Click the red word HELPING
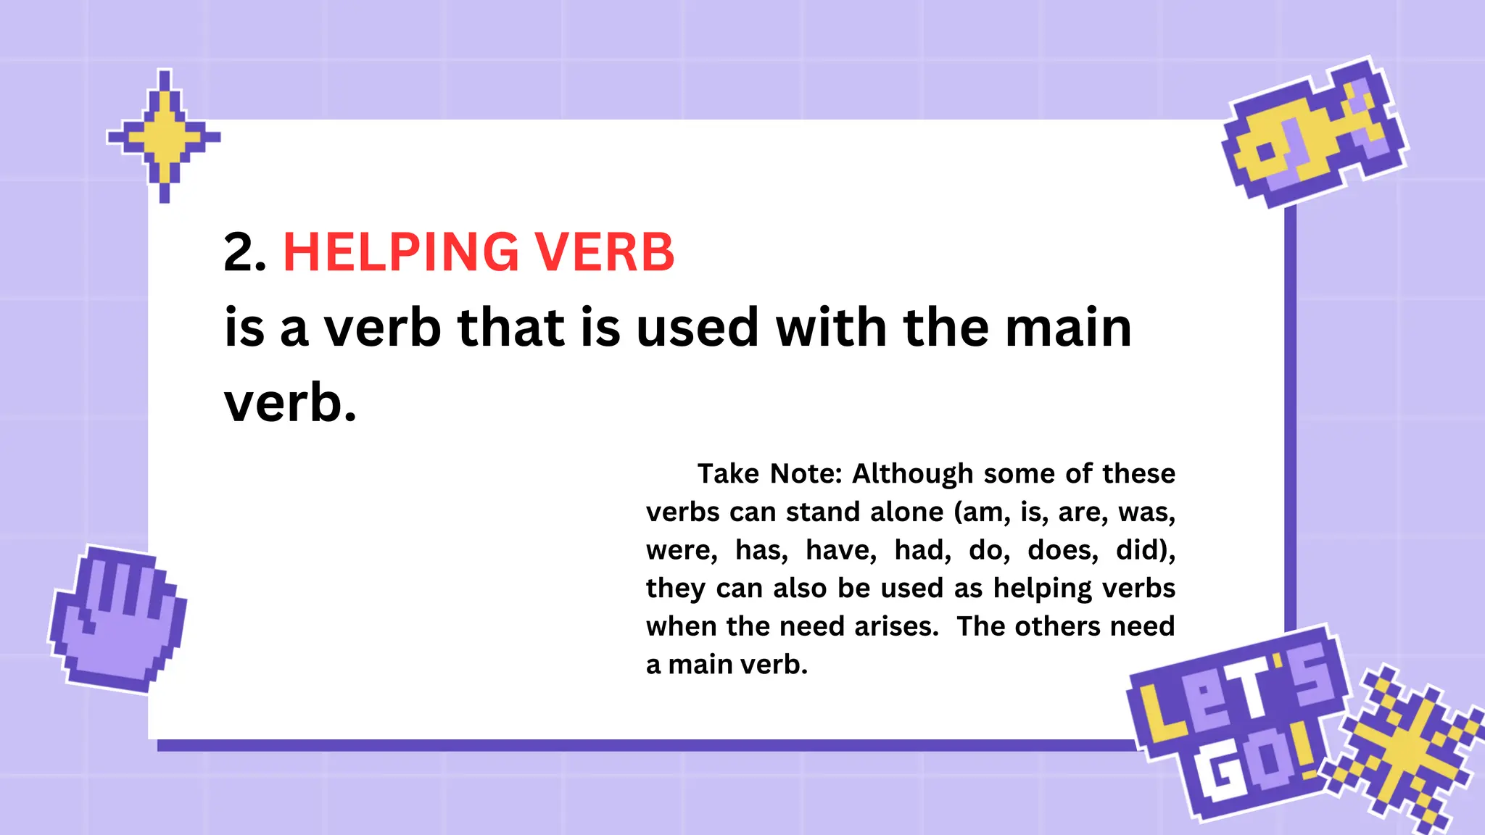(x=401, y=253)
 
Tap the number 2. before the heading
(x=244, y=253)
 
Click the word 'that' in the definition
(x=510, y=328)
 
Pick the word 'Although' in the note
(x=912, y=474)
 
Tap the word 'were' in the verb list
(x=681, y=551)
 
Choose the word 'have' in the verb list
(x=841, y=551)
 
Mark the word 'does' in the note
(x=1062, y=551)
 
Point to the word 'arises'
(x=896, y=627)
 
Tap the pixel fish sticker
(x=1313, y=133)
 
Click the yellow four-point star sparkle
(x=165, y=136)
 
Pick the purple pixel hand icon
(x=117, y=618)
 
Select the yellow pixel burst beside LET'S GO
(x=1403, y=749)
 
